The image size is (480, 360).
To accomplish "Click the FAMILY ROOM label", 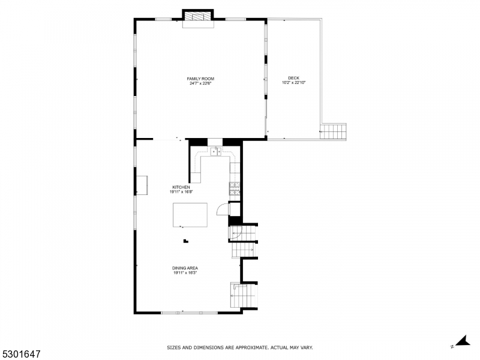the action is [x=200, y=79].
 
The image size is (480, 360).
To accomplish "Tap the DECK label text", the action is [x=293, y=78].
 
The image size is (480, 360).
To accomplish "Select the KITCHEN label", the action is [x=181, y=187].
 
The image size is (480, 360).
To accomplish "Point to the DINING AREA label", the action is [x=185, y=268].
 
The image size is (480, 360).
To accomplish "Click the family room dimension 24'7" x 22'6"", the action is [x=200, y=83].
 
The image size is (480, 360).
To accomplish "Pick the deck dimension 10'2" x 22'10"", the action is [x=294, y=82].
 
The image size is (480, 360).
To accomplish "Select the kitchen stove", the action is [x=235, y=188].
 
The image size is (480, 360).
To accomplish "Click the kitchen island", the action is [x=190, y=215].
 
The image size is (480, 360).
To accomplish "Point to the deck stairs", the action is [x=334, y=131].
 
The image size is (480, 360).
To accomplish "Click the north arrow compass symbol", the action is [x=464, y=341].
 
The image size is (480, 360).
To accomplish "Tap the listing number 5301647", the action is [x=20, y=354].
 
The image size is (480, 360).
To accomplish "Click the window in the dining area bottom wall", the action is [x=190, y=313].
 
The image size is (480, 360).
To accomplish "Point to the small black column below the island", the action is [x=186, y=241].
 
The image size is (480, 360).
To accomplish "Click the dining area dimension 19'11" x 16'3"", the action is [x=185, y=272].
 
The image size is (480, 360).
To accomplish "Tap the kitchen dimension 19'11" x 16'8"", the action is [x=181, y=192].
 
